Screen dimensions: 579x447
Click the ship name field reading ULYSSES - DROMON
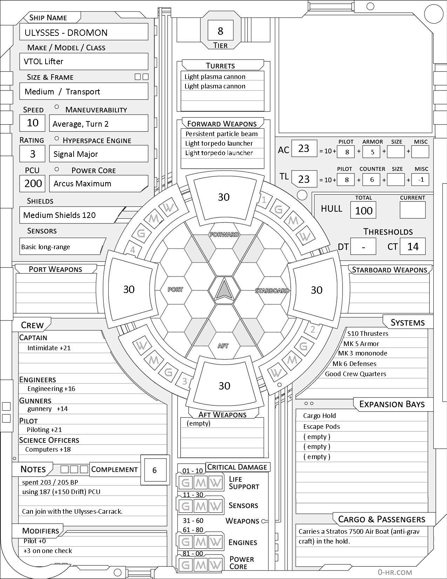tap(83, 33)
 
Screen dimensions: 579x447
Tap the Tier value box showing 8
tap(220, 31)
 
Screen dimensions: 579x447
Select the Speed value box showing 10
tap(33, 123)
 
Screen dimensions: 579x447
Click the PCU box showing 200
tap(33, 184)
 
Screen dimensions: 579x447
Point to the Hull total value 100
tap(364, 211)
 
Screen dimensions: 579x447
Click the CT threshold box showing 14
tap(413, 247)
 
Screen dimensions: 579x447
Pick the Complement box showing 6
tap(154, 470)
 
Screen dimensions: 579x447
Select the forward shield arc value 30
tap(224, 197)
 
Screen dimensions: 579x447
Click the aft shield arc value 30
tap(224, 386)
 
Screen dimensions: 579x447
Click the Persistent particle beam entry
tap(222, 134)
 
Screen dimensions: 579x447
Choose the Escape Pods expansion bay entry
tap(321, 427)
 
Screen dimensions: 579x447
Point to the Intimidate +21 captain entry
tap(49, 348)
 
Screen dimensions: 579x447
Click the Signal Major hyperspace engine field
tap(99, 154)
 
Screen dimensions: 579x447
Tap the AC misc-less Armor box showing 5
tap(372, 152)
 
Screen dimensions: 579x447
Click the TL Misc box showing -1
tap(421, 180)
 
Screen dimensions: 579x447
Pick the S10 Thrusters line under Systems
tap(368, 334)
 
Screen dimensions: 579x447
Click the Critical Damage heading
tap(237, 467)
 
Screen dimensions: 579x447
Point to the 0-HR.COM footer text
tap(395, 572)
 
